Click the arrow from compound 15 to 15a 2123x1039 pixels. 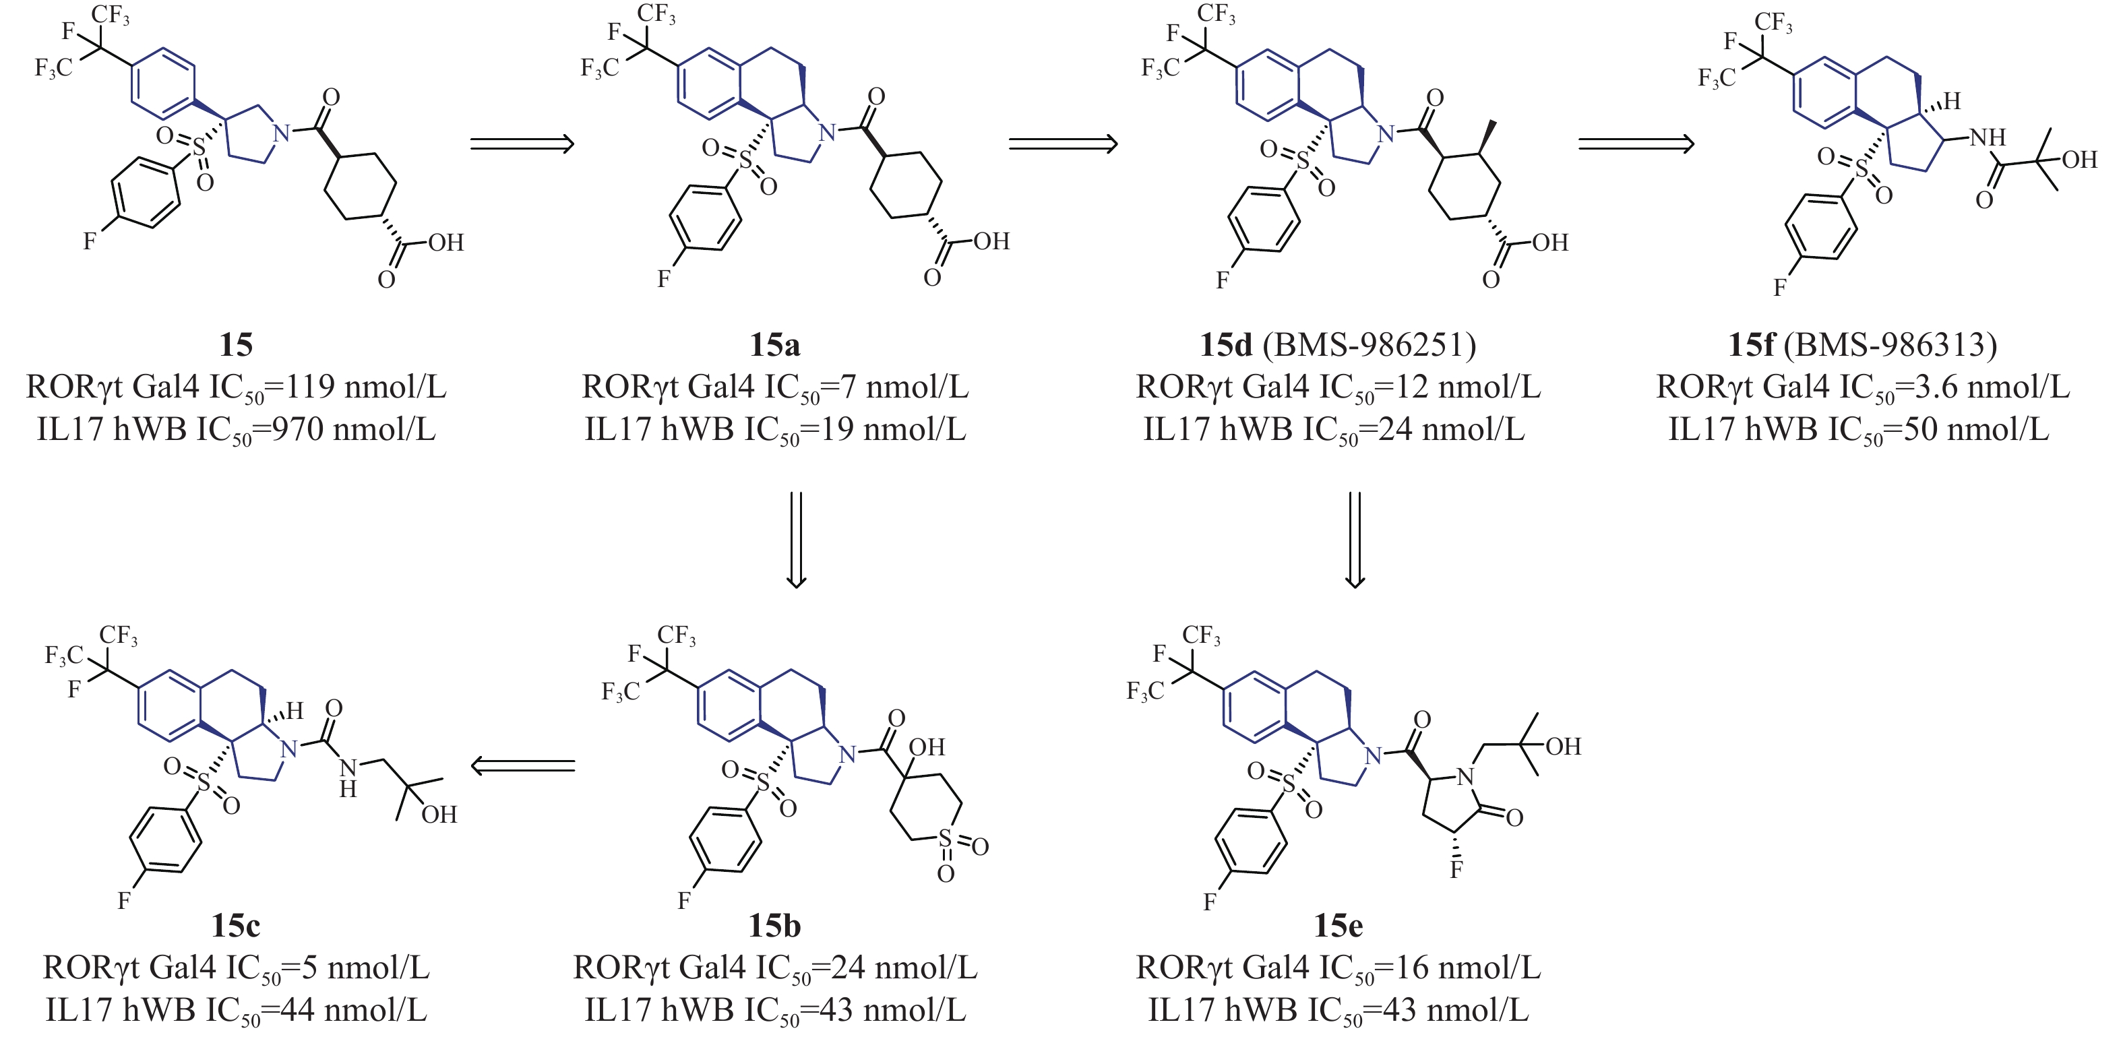click(x=522, y=144)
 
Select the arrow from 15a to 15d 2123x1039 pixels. click(x=1063, y=144)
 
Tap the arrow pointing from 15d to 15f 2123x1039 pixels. click(x=1636, y=144)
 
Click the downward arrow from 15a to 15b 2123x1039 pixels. click(x=796, y=540)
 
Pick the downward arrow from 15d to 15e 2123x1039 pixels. click(x=1355, y=540)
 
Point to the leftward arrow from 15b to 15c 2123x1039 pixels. click(x=522, y=766)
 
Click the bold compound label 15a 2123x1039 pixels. click(x=774, y=344)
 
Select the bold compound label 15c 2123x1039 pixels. click(x=236, y=925)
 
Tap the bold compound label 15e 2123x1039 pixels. click(x=1338, y=925)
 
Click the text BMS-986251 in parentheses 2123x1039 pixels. click(x=1370, y=344)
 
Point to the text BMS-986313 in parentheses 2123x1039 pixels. click(x=1890, y=344)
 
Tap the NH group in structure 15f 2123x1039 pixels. click(x=1987, y=137)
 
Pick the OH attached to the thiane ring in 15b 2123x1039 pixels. click(x=926, y=747)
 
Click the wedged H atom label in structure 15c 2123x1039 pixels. click(x=295, y=710)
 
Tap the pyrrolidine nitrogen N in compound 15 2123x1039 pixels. click(x=282, y=133)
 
